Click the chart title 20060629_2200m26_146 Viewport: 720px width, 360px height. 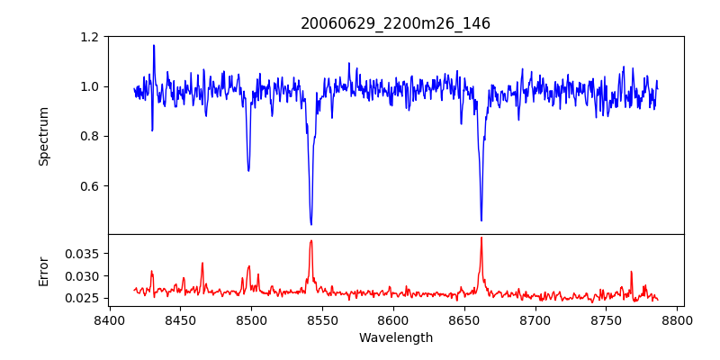(x=395, y=23)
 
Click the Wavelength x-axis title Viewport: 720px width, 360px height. (x=395, y=338)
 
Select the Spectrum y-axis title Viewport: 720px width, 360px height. (x=43, y=136)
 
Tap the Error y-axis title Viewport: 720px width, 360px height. (x=43, y=271)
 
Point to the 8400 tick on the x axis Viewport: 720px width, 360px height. (x=109, y=319)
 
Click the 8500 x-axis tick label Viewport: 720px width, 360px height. (x=251, y=319)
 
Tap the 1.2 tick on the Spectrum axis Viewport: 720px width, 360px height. (x=89, y=37)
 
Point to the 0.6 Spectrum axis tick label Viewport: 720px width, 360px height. (x=89, y=186)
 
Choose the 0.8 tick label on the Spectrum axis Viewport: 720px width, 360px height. (x=89, y=137)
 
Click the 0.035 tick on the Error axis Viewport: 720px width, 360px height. (x=81, y=255)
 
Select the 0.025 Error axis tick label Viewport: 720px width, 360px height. (x=81, y=298)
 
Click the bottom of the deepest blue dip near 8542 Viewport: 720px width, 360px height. (x=310, y=224)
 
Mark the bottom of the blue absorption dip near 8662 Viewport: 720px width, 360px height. (x=481, y=220)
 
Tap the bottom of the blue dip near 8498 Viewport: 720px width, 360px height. (x=248, y=170)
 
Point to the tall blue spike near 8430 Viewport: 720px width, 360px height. (x=154, y=46)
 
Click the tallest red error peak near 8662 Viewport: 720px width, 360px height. (x=481, y=238)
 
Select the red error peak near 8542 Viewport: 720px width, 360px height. (x=310, y=240)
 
